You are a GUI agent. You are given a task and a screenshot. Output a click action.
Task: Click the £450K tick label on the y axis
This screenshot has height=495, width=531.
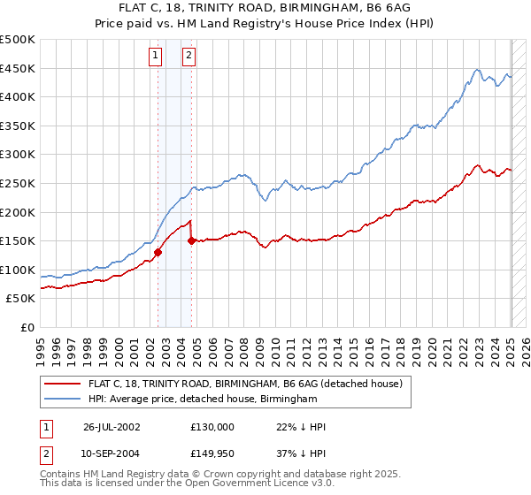coord(18,68)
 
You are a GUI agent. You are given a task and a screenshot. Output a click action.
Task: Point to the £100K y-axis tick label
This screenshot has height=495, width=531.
coord(18,270)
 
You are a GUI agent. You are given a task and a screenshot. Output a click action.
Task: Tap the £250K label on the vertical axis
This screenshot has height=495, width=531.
coord(18,183)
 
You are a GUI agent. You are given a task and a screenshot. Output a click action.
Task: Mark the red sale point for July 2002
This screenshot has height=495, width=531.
coord(158,252)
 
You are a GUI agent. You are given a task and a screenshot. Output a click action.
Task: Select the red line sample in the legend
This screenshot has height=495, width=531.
coord(64,384)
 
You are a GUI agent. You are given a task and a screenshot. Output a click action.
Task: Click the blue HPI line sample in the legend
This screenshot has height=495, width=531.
coord(64,400)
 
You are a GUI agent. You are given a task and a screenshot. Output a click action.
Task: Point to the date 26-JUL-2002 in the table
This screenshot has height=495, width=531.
coord(112,427)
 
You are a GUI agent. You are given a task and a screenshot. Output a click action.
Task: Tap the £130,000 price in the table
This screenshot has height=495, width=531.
coord(212,427)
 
